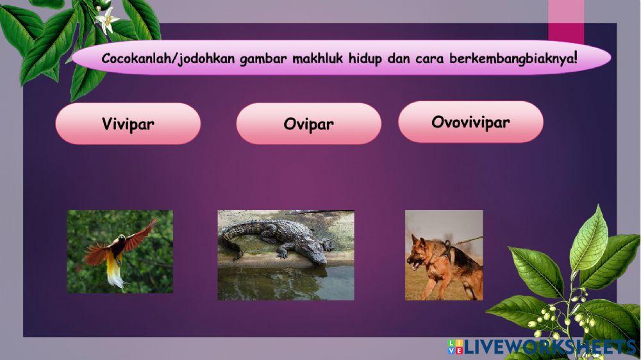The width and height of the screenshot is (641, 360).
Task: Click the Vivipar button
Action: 128,124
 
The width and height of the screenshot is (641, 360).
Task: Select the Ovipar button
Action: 308,124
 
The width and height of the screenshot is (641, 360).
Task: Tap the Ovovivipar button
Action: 470,122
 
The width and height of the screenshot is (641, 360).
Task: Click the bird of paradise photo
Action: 120,252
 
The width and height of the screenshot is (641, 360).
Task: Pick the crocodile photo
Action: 286,255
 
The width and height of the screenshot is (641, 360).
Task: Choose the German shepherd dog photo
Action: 444,255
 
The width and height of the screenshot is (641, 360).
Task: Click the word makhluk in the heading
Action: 318,58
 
